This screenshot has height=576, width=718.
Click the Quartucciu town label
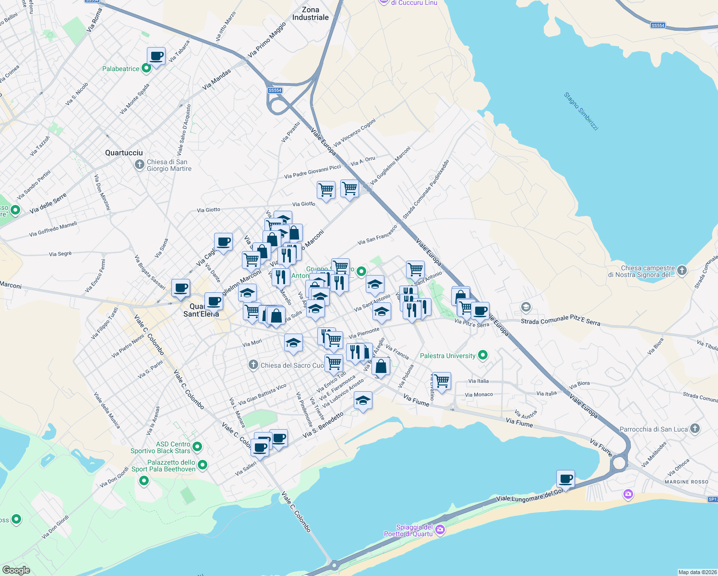tap(124, 153)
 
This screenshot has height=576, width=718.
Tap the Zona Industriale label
tap(311, 13)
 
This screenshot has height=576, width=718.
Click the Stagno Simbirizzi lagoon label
tap(581, 111)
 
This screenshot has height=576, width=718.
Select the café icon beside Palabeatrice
tap(156, 57)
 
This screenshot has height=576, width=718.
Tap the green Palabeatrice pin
tap(147, 68)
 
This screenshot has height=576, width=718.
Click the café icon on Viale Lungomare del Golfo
tap(566, 479)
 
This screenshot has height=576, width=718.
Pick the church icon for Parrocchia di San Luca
tap(695, 429)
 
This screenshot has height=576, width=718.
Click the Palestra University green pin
tap(483, 355)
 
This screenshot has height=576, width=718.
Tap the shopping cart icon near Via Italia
tap(442, 381)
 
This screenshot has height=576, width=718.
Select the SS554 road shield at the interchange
tap(275, 90)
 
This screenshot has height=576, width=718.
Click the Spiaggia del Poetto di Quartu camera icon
tap(440, 530)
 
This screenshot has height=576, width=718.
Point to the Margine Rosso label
tap(686, 482)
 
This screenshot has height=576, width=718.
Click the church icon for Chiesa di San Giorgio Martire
tap(139, 165)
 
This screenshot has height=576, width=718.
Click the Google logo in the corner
tap(16, 570)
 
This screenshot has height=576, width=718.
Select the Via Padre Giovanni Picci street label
tap(312, 172)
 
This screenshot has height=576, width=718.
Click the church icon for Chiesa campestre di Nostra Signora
tap(682, 271)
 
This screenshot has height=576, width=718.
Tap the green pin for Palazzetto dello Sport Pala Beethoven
tap(203, 465)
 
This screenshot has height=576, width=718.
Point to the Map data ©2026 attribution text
tap(697, 572)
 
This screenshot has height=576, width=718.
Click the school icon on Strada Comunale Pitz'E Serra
tap(526, 307)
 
